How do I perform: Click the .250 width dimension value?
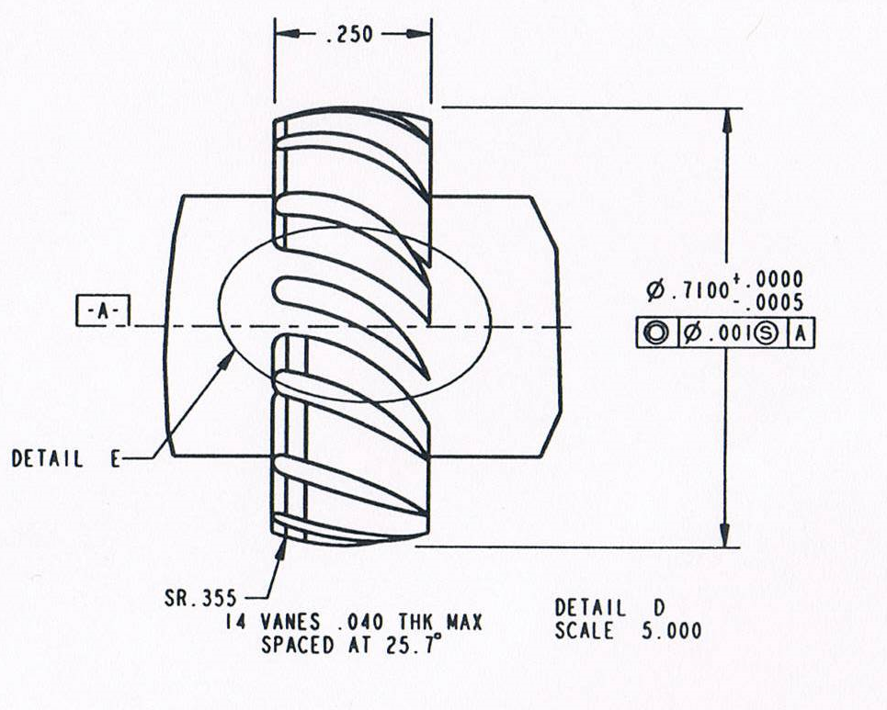point(350,35)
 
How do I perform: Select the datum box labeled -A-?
point(103,310)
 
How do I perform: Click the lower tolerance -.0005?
point(769,303)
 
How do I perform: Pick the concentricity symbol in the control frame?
point(656,333)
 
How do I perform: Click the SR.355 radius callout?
point(200,598)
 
